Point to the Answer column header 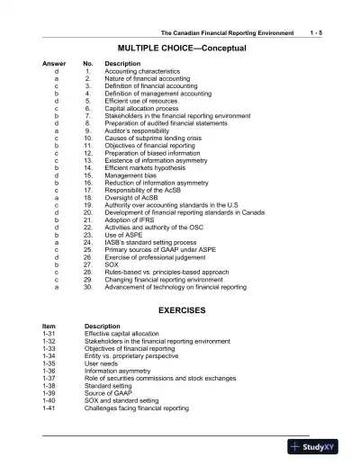click(54, 65)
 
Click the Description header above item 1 click(122, 65)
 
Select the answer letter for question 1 click(56, 72)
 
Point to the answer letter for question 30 click(56, 287)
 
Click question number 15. click(88, 175)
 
